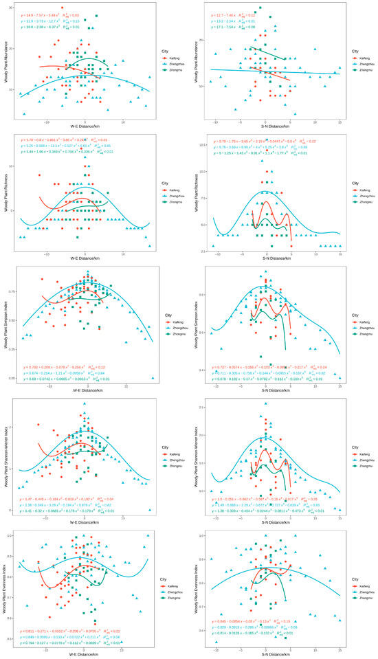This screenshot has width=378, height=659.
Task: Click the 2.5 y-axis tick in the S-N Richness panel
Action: tap(203, 252)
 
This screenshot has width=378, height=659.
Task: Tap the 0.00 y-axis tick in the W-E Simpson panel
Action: tap(12, 378)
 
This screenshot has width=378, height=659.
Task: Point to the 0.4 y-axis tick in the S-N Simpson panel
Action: tap(204, 370)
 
